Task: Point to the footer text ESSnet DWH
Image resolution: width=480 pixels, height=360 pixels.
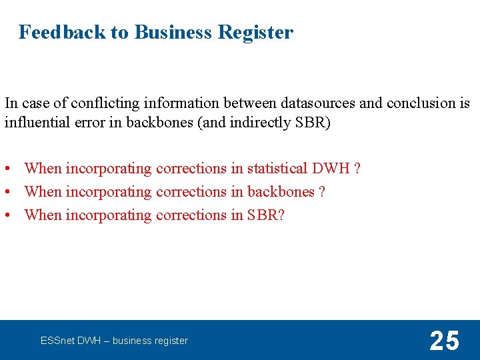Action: (73, 341)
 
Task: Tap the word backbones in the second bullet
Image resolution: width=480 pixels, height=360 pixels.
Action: (281, 192)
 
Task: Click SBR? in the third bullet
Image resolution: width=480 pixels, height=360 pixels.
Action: (266, 215)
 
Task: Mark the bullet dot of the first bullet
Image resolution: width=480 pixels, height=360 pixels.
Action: (8, 169)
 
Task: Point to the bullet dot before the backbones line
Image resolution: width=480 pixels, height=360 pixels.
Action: (8, 193)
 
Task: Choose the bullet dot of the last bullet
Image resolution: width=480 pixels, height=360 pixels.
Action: (8, 216)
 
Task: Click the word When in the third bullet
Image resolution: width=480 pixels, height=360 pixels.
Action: (43, 215)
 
